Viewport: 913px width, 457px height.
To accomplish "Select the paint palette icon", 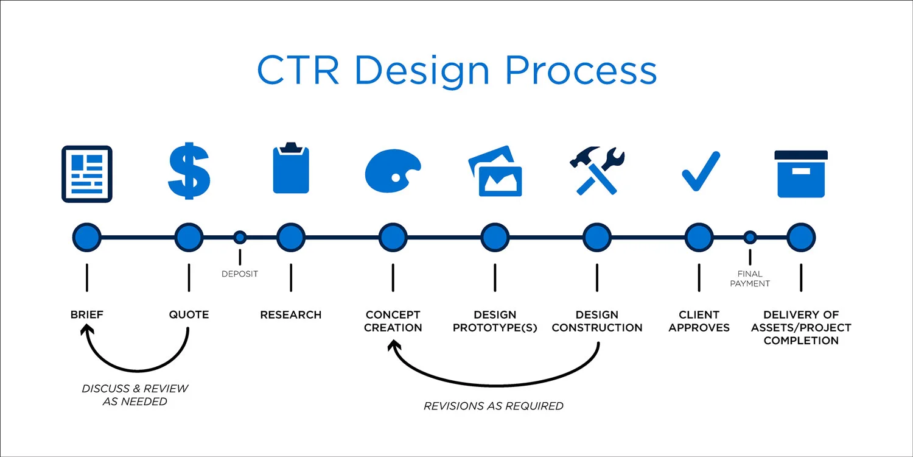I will pos(393,171).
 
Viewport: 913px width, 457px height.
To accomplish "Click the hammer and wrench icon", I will pos(596,170).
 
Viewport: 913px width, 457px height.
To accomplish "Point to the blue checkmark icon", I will pos(700,172).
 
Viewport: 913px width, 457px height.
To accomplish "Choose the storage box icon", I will pos(801,174).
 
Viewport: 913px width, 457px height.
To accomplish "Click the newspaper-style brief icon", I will pos(87,174).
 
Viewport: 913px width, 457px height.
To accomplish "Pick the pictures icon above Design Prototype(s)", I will pos(495,171).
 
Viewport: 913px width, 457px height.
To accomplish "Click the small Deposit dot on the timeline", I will pos(240,237).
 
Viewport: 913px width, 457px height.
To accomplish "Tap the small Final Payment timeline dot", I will pos(750,237).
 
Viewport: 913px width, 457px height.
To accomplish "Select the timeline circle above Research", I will pos(291,237).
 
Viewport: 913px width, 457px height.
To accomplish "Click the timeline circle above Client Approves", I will pos(699,237).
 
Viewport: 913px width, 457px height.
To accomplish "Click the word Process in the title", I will pos(581,71).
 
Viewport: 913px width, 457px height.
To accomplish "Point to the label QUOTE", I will pos(189,315).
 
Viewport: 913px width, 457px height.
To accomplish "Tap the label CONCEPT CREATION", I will pos(393,321).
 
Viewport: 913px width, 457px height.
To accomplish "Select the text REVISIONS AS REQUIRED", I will pos(494,406).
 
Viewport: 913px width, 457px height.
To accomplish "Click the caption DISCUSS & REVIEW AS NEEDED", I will pos(135,395).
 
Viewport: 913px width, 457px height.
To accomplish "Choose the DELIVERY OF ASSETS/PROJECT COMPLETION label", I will pos(801,327).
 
